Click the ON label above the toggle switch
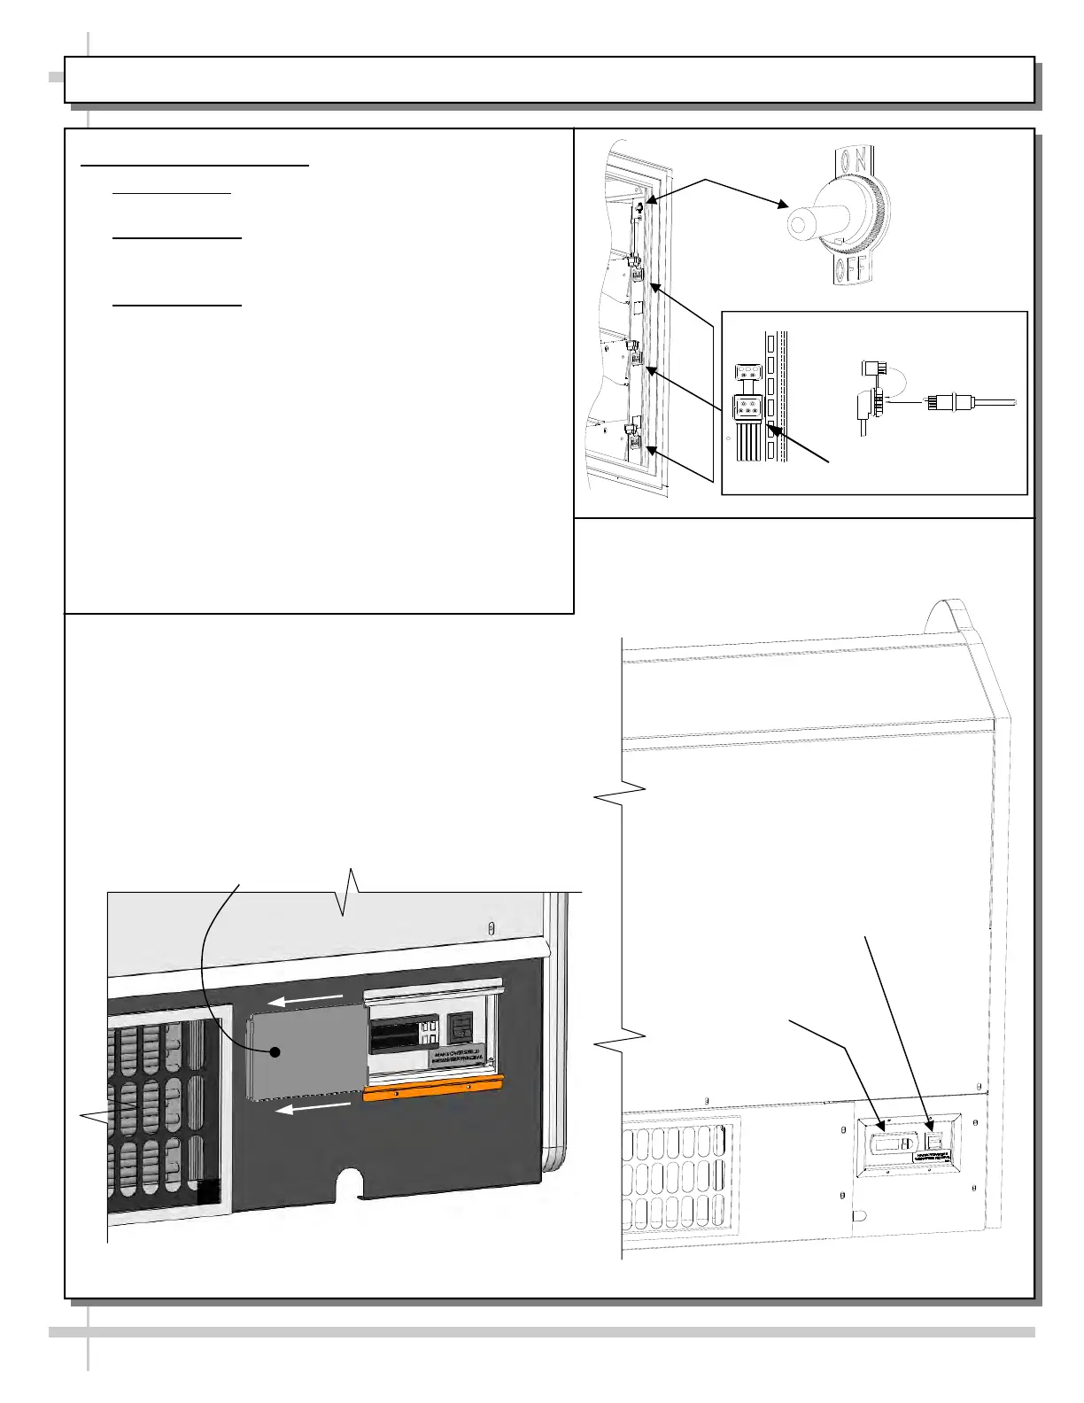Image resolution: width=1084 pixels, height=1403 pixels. pos(854,160)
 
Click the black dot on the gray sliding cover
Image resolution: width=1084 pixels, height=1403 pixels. pos(275,1052)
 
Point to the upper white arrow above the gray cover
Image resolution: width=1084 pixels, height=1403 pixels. pos(306,1000)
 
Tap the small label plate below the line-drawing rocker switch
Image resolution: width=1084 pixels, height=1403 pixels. pos(933,1158)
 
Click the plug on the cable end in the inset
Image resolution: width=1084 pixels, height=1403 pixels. pos(941,403)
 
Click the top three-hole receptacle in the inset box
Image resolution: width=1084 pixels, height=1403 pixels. pos(747,373)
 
